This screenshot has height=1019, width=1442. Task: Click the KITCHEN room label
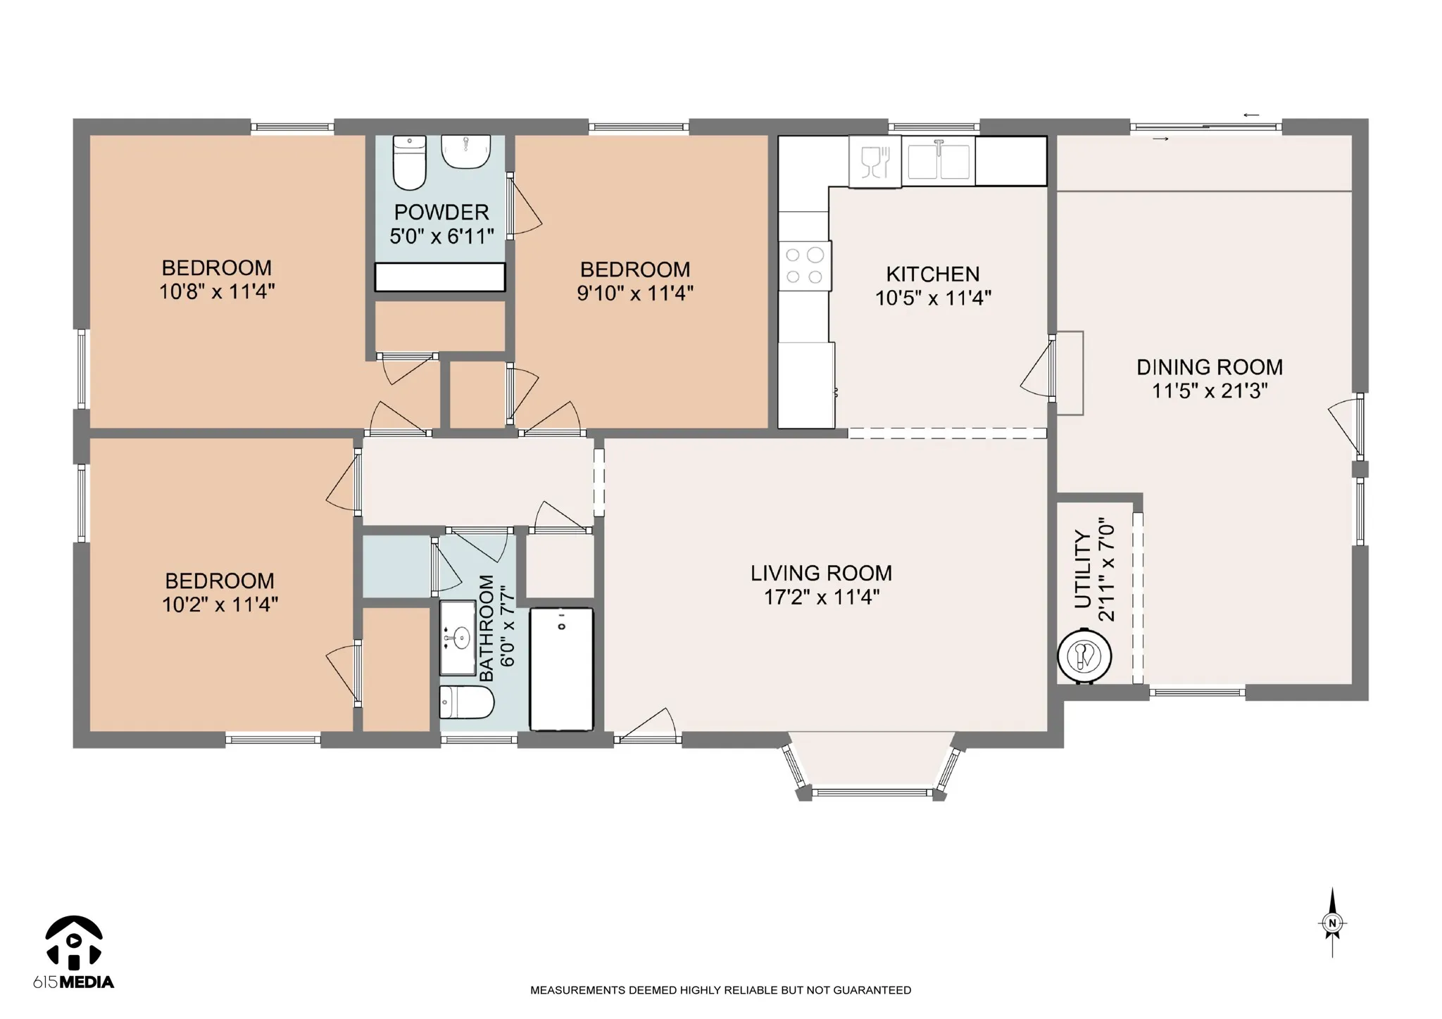(932, 274)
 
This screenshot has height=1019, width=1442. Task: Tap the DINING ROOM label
(1210, 367)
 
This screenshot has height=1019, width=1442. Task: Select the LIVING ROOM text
(821, 574)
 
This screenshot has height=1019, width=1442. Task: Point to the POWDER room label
(441, 212)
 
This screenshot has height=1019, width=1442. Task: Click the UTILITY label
(1083, 570)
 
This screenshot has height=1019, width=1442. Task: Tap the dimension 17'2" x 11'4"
(822, 597)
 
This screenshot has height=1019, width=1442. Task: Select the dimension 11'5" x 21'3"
(1210, 391)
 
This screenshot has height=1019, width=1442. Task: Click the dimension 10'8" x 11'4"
(217, 291)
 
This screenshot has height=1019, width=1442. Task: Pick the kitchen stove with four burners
(805, 266)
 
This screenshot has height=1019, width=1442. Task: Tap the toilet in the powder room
(409, 163)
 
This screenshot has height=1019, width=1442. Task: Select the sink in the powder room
(465, 152)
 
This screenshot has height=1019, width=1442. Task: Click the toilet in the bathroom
(467, 702)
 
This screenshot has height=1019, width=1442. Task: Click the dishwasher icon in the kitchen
(875, 162)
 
